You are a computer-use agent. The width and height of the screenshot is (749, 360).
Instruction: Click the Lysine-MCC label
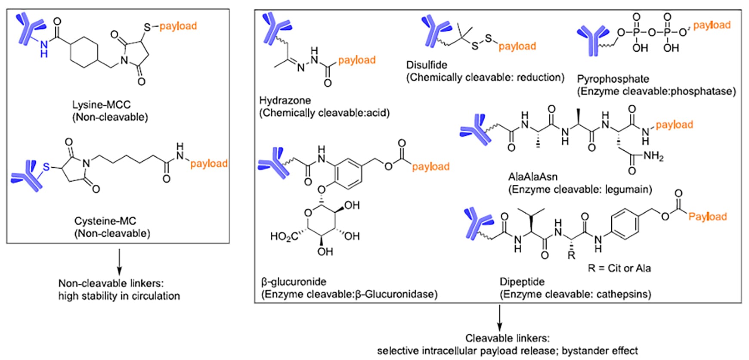(x=101, y=105)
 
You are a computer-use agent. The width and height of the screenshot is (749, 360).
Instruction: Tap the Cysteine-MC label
(x=105, y=221)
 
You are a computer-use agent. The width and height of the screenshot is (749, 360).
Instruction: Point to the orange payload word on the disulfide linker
(x=517, y=46)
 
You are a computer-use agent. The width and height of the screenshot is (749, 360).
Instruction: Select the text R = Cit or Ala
(x=619, y=268)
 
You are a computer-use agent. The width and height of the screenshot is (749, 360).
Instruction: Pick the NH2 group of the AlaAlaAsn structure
(x=653, y=156)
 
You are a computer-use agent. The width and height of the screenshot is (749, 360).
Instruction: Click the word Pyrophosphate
(x=613, y=79)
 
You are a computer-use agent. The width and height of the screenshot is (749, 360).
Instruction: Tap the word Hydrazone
(x=285, y=100)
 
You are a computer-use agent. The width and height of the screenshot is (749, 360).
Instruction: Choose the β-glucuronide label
(x=294, y=282)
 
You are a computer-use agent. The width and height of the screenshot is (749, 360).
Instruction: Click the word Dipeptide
(x=522, y=282)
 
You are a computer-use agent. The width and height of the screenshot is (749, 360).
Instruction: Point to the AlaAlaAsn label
(x=533, y=177)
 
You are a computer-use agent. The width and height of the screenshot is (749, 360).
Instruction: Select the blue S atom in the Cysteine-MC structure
(x=46, y=166)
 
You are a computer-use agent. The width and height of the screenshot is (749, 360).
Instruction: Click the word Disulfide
(x=427, y=65)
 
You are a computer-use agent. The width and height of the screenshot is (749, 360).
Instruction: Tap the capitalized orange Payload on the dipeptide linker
(x=707, y=216)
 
